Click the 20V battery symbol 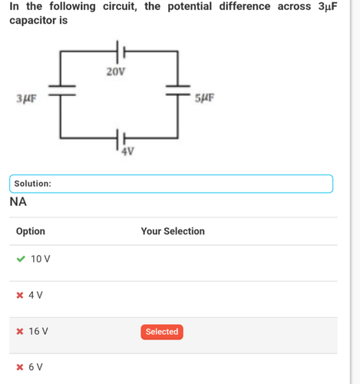(121, 52)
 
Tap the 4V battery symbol (121, 139)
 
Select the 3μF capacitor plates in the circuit (62, 91)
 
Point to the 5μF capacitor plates (178, 91)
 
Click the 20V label (116, 71)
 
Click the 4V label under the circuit (127, 151)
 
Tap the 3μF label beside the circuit (27, 98)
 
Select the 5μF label (204, 98)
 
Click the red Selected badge (162, 332)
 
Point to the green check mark (21, 259)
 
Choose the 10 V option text (41, 259)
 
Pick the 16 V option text (38, 331)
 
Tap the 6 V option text (35, 367)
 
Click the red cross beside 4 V (20, 296)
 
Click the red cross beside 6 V (20, 367)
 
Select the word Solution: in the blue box (33, 184)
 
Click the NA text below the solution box (18, 202)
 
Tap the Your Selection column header (173, 231)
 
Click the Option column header (31, 231)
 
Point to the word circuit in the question (120, 6)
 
